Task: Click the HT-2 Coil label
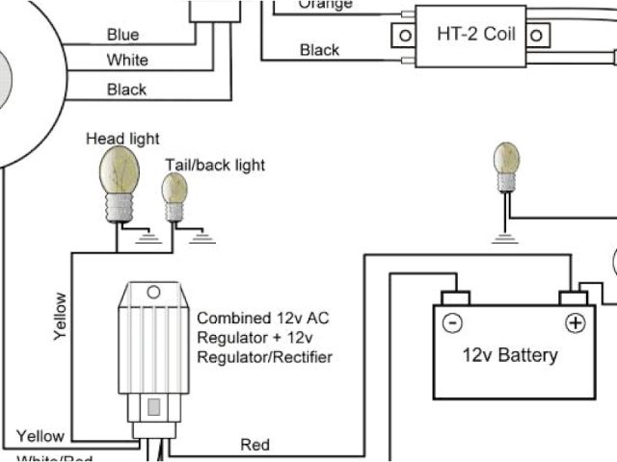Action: [x=474, y=35]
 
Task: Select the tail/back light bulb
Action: [x=174, y=193]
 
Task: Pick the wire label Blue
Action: [x=122, y=35]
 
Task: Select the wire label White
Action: [x=127, y=61]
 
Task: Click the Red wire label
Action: [x=255, y=445]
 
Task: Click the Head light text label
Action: [x=123, y=140]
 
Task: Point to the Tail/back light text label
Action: [x=215, y=165]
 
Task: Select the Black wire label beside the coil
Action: [x=319, y=49]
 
